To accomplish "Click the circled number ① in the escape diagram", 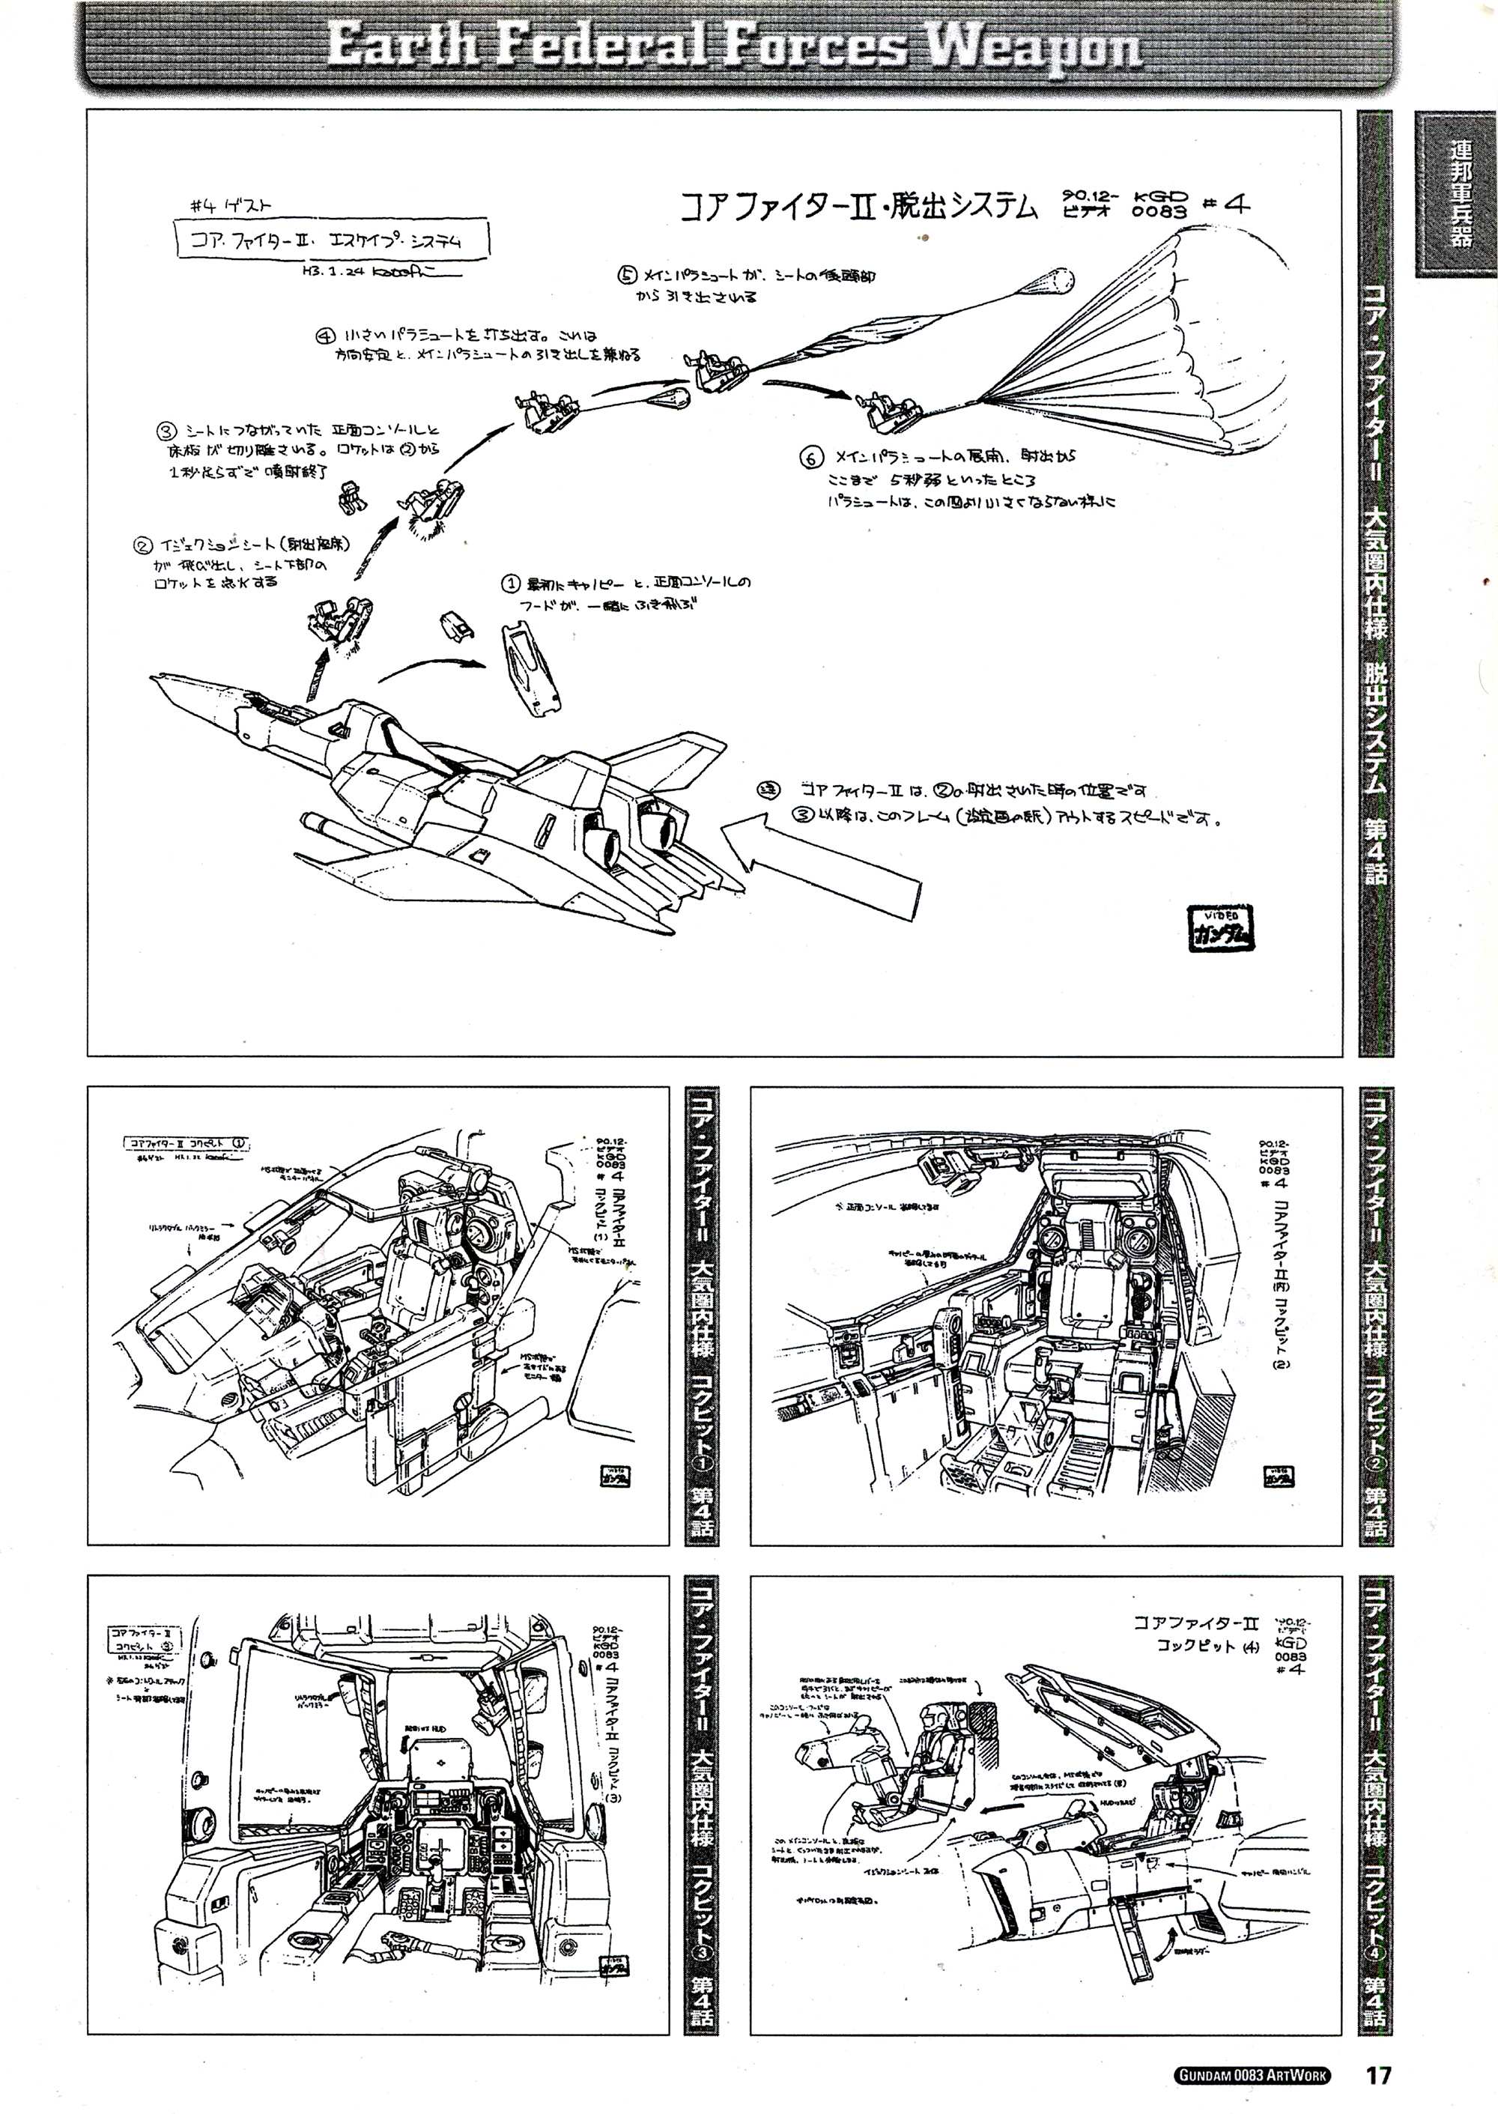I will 511,584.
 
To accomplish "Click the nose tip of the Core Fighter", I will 155,678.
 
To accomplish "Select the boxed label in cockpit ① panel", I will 187,1144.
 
